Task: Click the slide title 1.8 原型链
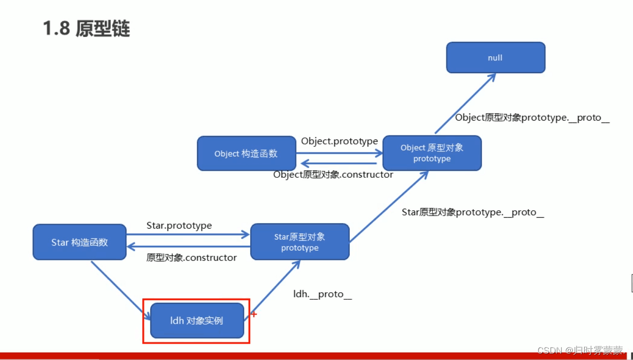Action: point(87,29)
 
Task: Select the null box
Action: point(495,58)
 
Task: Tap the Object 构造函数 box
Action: point(246,154)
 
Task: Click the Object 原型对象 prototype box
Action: point(431,153)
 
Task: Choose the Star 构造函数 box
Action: point(80,242)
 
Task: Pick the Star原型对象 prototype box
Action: point(300,242)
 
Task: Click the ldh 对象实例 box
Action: point(197,321)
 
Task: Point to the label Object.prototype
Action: point(339,141)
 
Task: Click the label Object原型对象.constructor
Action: point(333,175)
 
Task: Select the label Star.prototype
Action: point(179,226)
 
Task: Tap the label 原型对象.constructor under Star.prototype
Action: point(192,257)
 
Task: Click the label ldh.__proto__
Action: point(322,294)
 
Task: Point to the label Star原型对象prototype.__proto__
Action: point(473,212)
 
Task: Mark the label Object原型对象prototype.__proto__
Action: point(532,118)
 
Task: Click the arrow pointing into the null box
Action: point(465,104)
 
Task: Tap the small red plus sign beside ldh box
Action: point(254,314)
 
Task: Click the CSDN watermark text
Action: point(581,351)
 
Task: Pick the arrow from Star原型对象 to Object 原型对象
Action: point(388,207)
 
